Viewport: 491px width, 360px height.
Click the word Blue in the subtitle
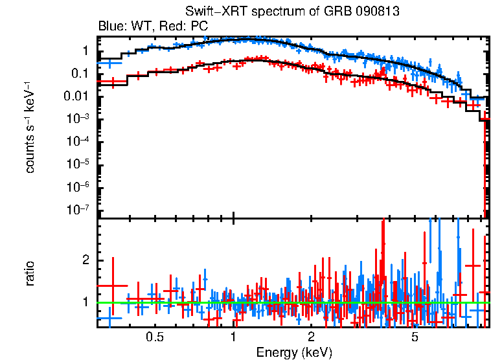111,27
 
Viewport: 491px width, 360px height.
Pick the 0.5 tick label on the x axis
154,337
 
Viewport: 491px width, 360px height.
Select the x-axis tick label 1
233,337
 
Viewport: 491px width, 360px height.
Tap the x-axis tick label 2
312,337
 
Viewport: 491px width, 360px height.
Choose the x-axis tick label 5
415,337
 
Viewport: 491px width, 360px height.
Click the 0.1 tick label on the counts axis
81,74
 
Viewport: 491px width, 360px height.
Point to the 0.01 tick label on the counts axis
78,96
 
